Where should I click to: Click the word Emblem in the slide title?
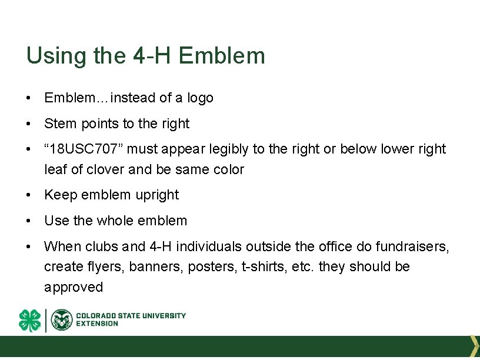click(222, 56)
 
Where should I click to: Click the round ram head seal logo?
click(62, 320)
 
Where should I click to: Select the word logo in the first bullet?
click(200, 98)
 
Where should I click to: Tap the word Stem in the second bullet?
click(57, 124)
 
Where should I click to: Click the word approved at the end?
click(74, 287)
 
